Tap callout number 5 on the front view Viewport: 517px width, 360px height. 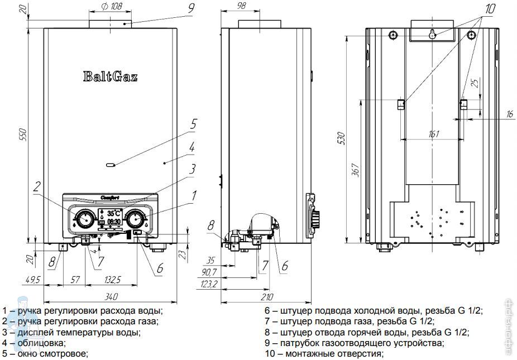192,124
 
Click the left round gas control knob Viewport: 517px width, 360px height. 84,218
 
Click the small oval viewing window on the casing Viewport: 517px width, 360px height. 110,165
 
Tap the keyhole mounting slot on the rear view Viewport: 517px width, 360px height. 433,35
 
